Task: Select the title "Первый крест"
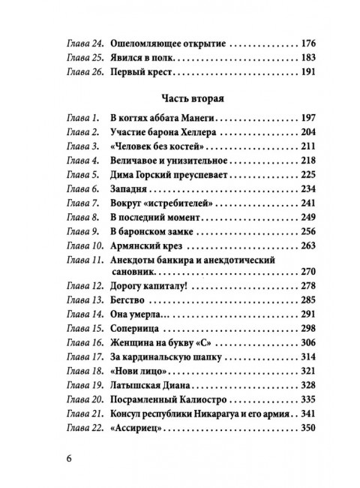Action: tap(141, 74)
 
